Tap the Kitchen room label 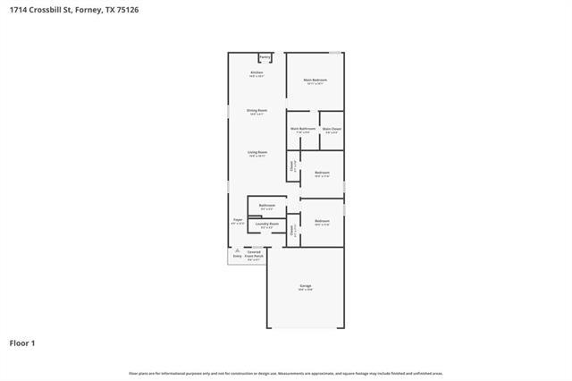(257, 72)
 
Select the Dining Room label (257, 110)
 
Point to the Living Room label (257, 152)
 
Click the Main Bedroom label (315, 80)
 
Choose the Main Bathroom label (303, 128)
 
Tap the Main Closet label (332, 128)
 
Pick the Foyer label (238, 219)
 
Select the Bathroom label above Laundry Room (267, 205)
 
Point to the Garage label (306, 285)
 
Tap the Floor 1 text (22, 342)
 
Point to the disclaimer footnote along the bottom (286, 373)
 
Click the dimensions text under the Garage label (306, 290)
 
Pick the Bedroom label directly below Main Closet (322, 172)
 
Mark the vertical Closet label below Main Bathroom (292, 165)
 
